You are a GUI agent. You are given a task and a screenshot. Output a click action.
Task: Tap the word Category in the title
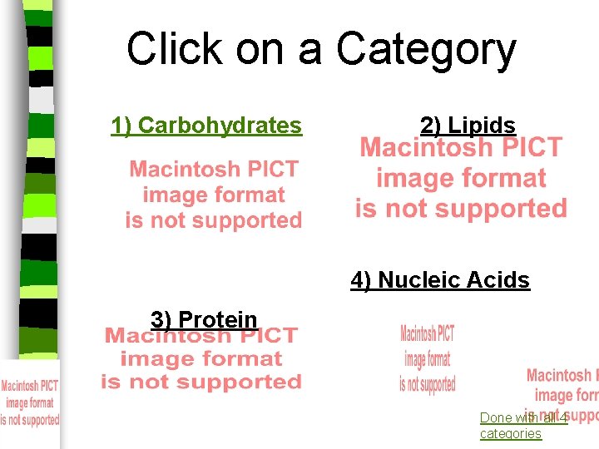tap(426, 50)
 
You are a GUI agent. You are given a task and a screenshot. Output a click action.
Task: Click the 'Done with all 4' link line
tap(523, 417)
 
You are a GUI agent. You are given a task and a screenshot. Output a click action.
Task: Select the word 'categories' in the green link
tap(510, 433)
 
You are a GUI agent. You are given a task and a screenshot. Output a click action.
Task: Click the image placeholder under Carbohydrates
tap(214, 195)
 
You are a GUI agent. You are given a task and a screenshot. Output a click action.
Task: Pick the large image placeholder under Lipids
tap(461, 178)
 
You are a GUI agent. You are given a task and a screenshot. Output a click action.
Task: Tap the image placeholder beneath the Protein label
tap(200, 359)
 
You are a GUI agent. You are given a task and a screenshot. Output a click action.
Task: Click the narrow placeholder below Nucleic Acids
tap(427, 358)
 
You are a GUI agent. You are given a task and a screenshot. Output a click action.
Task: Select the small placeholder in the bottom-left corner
tap(29, 402)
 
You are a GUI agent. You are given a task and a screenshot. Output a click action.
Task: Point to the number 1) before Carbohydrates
tap(121, 126)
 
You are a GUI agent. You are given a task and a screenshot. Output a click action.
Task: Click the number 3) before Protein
tap(161, 319)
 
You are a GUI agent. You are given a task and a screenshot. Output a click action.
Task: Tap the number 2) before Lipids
tap(431, 126)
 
